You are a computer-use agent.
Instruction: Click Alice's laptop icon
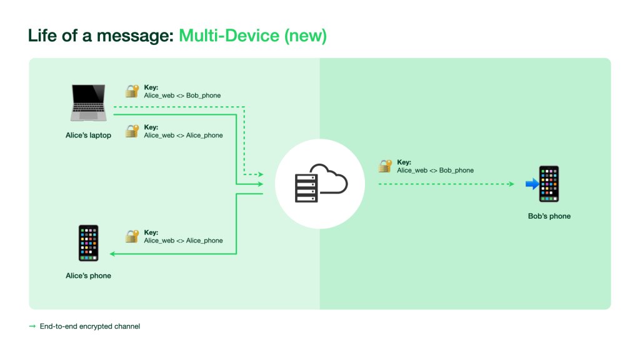coord(88,103)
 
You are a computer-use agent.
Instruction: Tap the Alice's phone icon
coord(88,243)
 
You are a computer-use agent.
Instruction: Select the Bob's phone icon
coord(549,184)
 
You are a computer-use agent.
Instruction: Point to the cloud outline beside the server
coord(331,179)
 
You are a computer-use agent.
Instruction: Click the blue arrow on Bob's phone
coord(532,184)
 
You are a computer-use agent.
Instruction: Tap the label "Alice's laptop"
coord(88,135)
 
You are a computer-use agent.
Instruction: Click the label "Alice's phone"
coord(88,276)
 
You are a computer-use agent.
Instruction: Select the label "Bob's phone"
coord(549,216)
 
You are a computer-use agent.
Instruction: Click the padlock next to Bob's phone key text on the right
coord(385,166)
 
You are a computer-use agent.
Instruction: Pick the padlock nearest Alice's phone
coord(131,236)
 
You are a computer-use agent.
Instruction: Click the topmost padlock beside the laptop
coord(131,91)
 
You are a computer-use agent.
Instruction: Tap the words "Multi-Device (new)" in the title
coord(252,36)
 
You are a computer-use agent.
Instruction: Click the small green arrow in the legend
coord(32,326)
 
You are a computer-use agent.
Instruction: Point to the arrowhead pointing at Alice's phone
coord(113,254)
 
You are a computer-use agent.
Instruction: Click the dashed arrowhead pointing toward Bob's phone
coord(511,184)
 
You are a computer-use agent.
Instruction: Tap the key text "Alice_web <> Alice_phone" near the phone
coord(183,241)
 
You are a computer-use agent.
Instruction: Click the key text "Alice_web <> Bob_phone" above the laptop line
coord(182,96)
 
